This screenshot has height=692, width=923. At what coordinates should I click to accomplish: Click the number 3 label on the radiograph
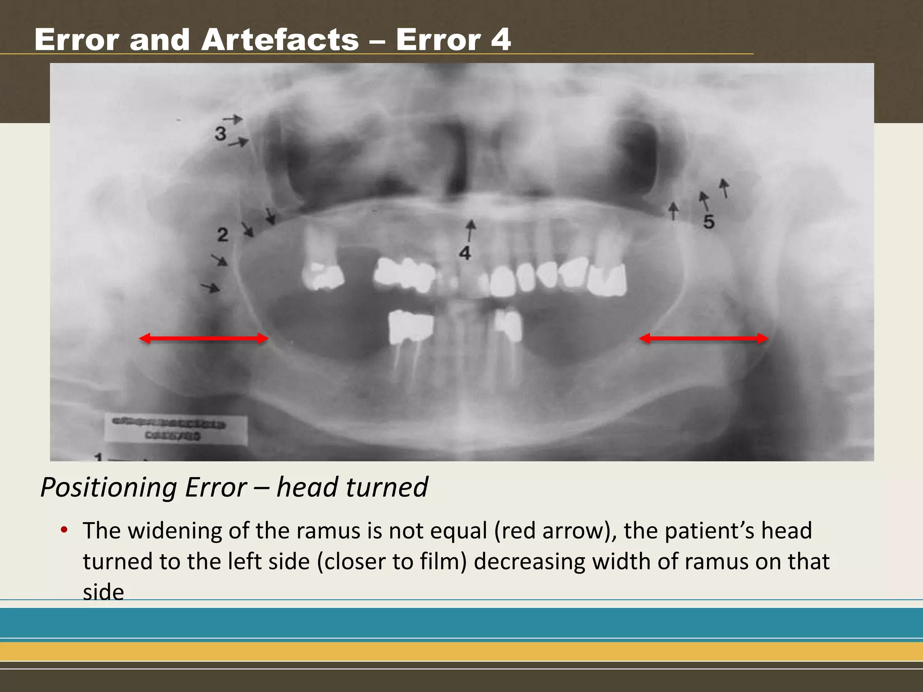[220, 134]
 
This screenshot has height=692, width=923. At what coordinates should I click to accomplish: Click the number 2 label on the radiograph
[223, 235]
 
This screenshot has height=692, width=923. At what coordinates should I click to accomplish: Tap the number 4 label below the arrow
[465, 253]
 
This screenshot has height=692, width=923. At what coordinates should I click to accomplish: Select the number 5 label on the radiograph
[709, 222]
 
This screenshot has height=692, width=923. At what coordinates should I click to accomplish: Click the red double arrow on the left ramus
[204, 338]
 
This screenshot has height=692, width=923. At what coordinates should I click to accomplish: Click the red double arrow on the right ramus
[704, 338]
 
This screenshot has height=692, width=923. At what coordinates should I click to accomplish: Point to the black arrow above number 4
[471, 230]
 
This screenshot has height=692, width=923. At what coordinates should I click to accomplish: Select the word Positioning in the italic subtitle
[143, 487]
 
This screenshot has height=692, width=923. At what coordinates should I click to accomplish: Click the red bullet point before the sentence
[64, 530]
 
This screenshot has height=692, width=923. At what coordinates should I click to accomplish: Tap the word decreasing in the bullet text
[529, 562]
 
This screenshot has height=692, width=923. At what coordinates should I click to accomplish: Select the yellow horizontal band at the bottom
[461, 651]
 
